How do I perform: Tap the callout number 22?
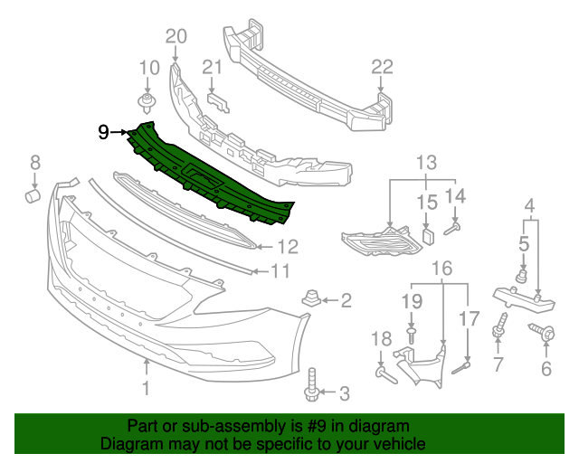point(382,66)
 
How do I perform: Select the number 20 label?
point(175,36)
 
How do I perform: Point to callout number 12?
point(288,246)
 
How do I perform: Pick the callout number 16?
point(441,268)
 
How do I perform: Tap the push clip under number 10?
point(147,99)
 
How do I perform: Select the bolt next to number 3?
point(313,384)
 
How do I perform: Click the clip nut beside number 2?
point(310,299)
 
